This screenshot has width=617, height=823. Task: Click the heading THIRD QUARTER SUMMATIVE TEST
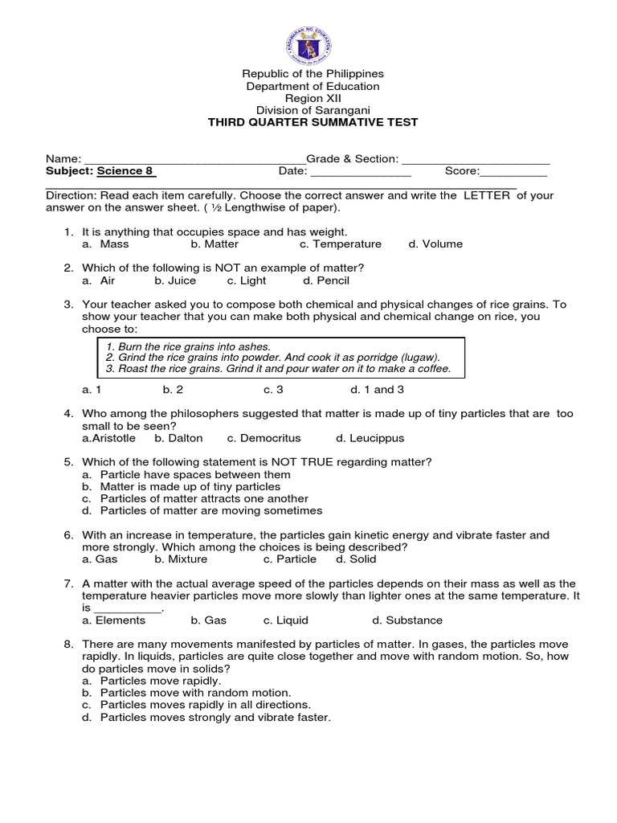(x=313, y=122)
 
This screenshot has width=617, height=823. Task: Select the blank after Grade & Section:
(x=475, y=161)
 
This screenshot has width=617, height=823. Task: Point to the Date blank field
(x=361, y=173)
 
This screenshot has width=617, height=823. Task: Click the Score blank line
(x=513, y=173)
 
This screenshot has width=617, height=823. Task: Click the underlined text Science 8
(x=126, y=171)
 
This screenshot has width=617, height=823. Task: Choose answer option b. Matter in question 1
(x=215, y=244)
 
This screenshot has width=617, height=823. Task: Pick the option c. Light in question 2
(x=246, y=281)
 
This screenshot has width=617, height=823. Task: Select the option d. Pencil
(x=326, y=281)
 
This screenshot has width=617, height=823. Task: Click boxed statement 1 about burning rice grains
(x=188, y=346)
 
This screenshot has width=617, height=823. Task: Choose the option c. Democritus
(x=264, y=439)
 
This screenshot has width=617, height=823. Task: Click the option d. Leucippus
(x=370, y=439)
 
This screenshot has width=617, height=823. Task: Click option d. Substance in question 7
(x=407, y=620)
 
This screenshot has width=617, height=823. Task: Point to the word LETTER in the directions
(x=486, y=195)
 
